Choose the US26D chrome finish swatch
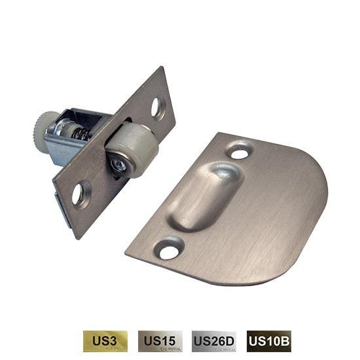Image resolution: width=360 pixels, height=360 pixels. (x=213, y=341)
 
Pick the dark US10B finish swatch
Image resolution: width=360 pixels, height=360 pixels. (x=268, y=341)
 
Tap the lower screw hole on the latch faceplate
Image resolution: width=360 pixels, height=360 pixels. (x=79, y=194)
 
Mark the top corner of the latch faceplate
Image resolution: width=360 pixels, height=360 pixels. (x=164, y=68)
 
